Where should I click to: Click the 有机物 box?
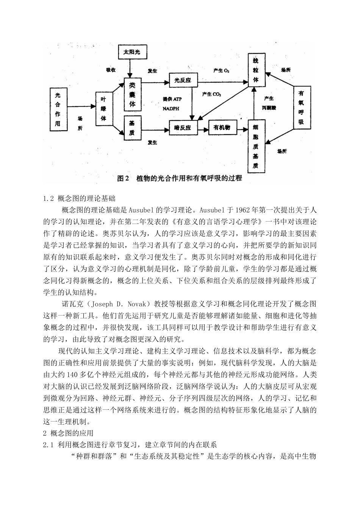222,128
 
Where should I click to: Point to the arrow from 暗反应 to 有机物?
201,128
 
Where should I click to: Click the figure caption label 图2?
124,178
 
